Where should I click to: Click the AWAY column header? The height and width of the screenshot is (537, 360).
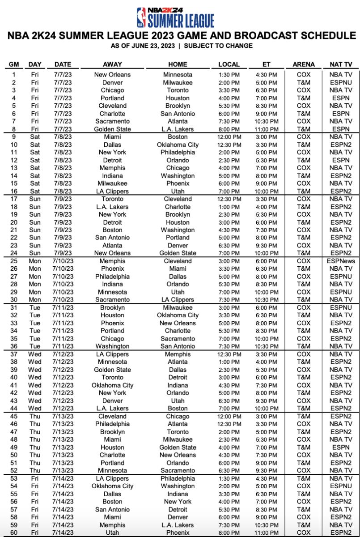[112, 64]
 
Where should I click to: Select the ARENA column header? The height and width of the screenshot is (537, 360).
[304, 64]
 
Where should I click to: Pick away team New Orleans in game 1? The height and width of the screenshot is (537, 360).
[112, 75]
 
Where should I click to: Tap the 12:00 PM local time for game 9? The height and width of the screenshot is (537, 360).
[229, 136]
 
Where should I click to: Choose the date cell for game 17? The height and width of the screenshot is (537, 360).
[62, 199]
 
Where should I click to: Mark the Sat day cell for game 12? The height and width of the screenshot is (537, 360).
[35, 160]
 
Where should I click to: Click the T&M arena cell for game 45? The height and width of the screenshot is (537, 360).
[304, 416]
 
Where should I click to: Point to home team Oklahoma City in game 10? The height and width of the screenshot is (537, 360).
[178, 145]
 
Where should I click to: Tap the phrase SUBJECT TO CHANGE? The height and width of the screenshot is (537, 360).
[218, 46]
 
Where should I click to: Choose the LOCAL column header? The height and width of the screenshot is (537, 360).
[229, 64]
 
